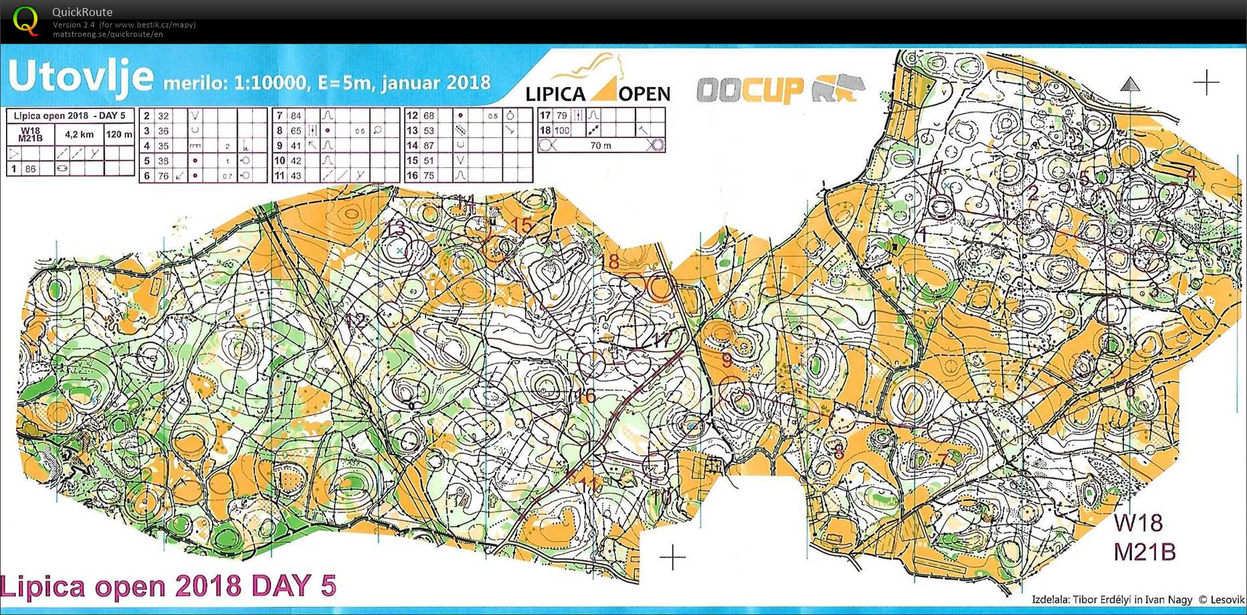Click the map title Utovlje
[x=80, y=77]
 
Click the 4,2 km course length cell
[x=79, y=135]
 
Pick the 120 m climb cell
[x=119, y=135]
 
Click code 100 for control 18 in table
[x=561, y=130]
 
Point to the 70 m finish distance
[x=600, y=145]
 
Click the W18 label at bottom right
[x=1138, y=523]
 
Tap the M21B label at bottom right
[x=1144, y=552]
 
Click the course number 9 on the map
[x=727, y=361]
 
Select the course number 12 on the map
[x=355, y=322]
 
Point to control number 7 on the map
[x=942, y=460]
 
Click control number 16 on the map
[x=585, y=396]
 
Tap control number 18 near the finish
[x=609, y=262]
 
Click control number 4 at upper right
[x=1189, y=174]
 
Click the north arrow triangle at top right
[x=1130, y=84]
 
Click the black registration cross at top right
[x=1206, y=82]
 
